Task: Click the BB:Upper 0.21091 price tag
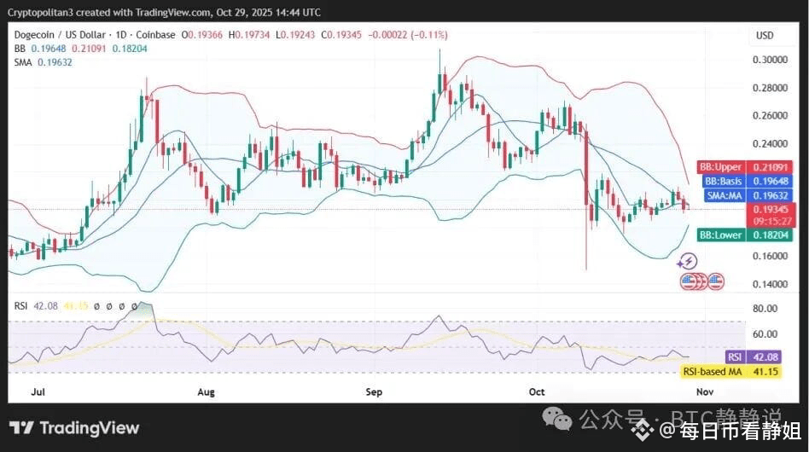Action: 746,166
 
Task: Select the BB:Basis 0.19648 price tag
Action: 746,181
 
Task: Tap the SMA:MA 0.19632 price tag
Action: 746,195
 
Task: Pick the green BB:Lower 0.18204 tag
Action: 746,235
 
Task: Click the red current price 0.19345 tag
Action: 771,209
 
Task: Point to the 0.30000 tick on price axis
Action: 770,60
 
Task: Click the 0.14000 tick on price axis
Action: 770,284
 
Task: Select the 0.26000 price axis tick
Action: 770,116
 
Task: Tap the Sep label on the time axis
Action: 374,392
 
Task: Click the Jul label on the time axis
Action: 38,392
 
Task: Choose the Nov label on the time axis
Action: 704,392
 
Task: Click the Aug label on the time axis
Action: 206,392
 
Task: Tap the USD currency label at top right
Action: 765,35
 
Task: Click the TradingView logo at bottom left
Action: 74,428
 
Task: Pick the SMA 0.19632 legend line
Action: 43,62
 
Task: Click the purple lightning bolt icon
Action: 688,262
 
